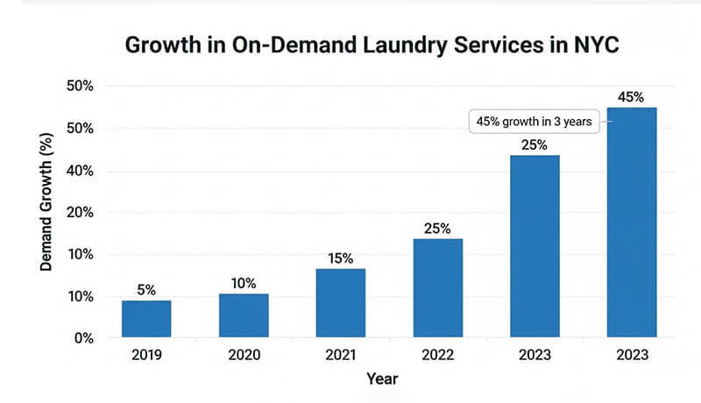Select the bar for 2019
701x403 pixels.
[x=146, y=319]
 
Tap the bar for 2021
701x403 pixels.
[x=341, y=303]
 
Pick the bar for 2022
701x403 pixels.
[x=438, y=288]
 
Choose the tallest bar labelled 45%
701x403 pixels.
[x=632, y=223]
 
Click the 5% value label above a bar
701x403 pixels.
[x=146, y=290]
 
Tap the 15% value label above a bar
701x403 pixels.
[x=341, y=258]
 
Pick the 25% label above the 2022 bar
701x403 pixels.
[x=438, y=229]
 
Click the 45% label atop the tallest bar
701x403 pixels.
[x=632, y=96]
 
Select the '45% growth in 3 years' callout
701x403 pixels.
[x=535, y=123]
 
